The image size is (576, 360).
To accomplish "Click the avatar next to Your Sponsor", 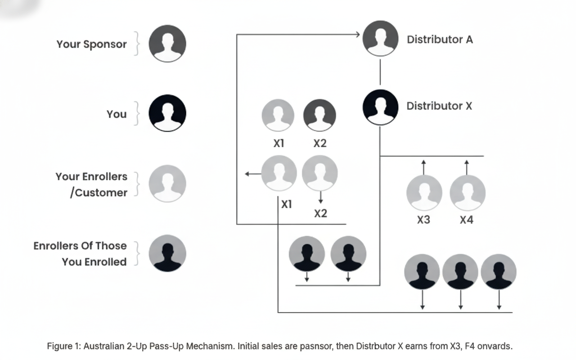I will point(167,44).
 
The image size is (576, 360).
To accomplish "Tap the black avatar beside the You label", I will point(167,113).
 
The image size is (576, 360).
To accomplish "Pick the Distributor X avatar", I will point(380,107).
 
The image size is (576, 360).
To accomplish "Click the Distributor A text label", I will point(440,40).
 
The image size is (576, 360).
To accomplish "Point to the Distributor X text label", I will point(439,106).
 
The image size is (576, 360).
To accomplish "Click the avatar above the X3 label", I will point(424,193).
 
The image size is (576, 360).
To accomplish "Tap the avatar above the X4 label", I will point(467,193).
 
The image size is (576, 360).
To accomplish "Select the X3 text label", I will point(423,220).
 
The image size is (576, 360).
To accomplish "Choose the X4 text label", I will point(467,220).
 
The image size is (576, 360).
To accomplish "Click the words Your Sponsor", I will point(91,45).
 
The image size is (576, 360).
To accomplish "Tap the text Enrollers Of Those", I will point(80,246).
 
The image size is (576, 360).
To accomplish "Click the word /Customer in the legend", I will point(99,193).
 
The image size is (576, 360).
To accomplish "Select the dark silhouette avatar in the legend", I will point(167,253).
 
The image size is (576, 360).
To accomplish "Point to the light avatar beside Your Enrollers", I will point(167,184).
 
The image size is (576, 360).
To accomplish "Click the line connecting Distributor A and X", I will point(380,72).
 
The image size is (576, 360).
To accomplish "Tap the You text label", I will point(117,114).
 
